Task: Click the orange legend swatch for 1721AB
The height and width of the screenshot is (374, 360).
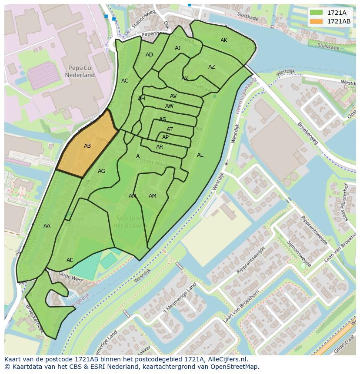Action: (317, 21)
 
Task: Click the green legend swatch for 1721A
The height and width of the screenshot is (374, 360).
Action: (317, 13)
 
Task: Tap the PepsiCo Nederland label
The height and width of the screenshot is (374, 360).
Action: (80, 72)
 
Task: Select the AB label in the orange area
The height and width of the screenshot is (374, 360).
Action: (87, 146)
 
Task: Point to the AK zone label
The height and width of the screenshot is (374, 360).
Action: (224, 40)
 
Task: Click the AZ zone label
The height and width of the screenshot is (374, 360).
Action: (212, 67)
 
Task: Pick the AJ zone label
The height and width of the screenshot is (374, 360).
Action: (177, 48)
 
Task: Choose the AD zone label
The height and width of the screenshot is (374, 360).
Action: (149, 55)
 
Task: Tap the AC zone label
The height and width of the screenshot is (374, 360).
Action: (125, 81)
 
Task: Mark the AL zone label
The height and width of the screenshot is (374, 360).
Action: (200, 155)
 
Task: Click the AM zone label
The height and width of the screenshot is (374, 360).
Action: (152, 196)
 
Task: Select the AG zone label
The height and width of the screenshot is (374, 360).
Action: (101, 171)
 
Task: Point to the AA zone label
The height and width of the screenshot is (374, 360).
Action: (47, 226)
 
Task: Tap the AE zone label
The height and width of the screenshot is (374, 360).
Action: (70, 260)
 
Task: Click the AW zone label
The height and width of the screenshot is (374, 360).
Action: (169, 106)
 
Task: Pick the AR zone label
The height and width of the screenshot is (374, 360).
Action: (160, 147)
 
